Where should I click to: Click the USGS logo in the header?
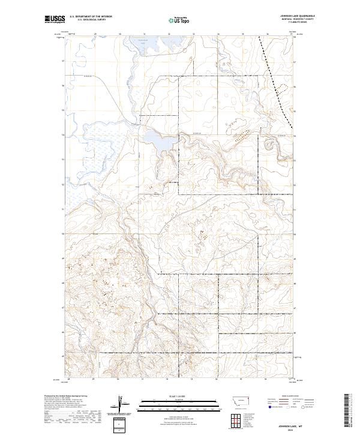[55, 20]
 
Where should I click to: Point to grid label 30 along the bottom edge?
[119, 380]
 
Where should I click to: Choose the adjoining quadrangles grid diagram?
[238, 419]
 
